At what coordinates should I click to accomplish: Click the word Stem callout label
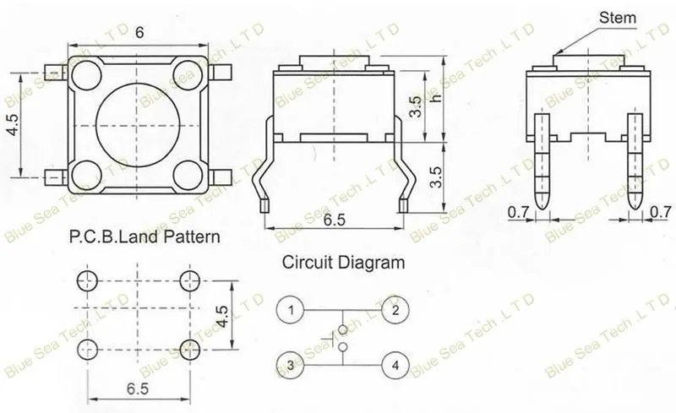(x=618, y=18)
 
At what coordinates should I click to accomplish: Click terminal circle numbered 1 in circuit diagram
(x=291, y=310)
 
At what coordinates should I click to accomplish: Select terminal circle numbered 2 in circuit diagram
(x=395, y=310)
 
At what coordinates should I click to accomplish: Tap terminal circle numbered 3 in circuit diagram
(x=291, y=365)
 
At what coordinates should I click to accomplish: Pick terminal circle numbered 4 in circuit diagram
(x=395, y=365)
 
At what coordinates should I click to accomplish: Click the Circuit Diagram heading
(x=344, y=262)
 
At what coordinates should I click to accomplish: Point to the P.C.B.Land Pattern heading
(x=144, y=236)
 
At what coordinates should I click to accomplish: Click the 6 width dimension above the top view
(x=139, y=33)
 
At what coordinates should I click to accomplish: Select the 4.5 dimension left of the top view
(x=13, y=125)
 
